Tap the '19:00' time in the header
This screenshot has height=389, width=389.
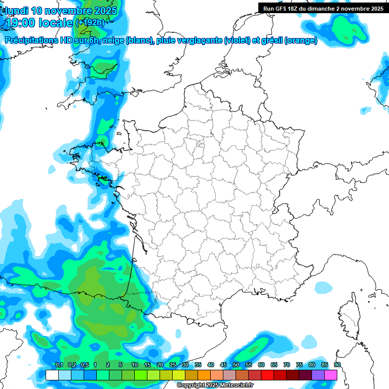[22, 23]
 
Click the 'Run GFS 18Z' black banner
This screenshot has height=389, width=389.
[323, 8]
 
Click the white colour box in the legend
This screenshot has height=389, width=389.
[52, 375]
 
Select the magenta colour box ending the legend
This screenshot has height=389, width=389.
[331, 375]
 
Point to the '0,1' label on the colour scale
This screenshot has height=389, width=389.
[59, 365]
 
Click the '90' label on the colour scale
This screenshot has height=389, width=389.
[337, 365]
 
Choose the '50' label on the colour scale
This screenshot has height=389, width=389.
[236, 365]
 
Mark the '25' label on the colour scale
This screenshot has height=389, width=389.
[173, 365]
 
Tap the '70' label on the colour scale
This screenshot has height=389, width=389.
[287, 365]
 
